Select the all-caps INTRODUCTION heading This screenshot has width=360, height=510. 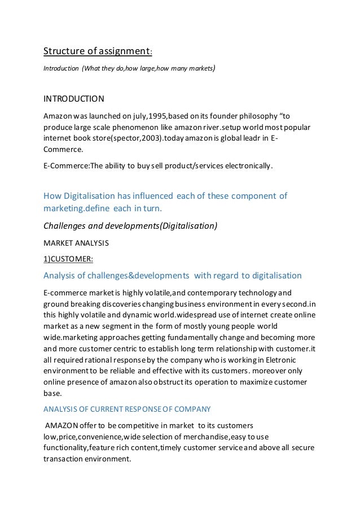[x=74, y=99]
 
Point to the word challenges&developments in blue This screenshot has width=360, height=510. [x=134, y=276]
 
